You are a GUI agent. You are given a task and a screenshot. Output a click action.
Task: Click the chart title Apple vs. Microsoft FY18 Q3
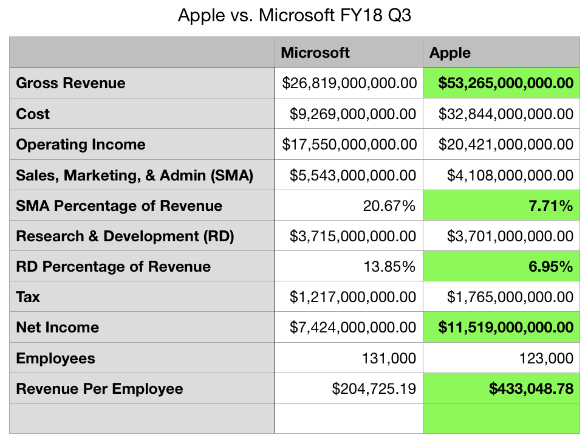click(294, 15)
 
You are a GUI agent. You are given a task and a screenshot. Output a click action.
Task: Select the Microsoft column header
click(315, 53)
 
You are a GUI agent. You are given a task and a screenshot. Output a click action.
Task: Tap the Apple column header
click(450, 53)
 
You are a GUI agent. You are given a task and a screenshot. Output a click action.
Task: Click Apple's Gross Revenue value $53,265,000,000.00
click(501, 83)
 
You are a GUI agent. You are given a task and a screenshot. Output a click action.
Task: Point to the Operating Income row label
click(81, 145)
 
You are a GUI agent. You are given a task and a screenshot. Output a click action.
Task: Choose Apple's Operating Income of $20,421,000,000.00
click(501, 145)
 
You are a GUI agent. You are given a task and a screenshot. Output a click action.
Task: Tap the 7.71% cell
click(553, 206)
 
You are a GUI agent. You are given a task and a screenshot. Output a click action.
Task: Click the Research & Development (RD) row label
click(125, 236)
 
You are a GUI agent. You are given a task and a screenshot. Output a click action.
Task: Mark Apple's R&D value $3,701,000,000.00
click(510, 236)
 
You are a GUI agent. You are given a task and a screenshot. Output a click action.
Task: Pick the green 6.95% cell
click(553, 267)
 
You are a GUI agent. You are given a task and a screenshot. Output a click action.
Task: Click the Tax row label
click(28, 297)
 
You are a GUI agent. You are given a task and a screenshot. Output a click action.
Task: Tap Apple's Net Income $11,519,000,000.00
click(505, 328)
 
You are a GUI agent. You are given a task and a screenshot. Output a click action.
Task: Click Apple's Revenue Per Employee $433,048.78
click(531, 389)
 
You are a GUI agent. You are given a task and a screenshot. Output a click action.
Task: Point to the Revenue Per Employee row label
click(100, 389)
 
